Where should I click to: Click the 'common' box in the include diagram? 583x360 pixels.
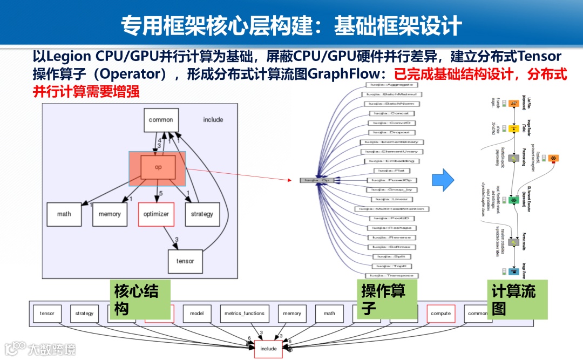click(161, 120)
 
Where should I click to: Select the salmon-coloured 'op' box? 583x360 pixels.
click(158, 167)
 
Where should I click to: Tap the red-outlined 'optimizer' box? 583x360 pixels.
click(156, 214)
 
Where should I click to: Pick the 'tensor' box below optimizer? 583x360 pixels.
click(185, 261)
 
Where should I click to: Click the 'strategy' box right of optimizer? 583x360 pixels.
click(202, 214)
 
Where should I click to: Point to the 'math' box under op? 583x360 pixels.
click(64, 214)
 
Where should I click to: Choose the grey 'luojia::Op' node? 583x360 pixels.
click(317, 180)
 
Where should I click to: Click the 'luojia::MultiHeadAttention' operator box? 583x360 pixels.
click(392, 209)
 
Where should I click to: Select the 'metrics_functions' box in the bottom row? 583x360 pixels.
click(243, 313)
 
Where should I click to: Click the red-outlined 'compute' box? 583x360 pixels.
click(440, 313)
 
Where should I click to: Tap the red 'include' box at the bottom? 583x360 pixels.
click(268, 349)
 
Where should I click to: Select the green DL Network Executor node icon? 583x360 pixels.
click(514, 200)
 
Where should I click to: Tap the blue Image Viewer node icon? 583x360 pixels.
click(514, 271)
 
